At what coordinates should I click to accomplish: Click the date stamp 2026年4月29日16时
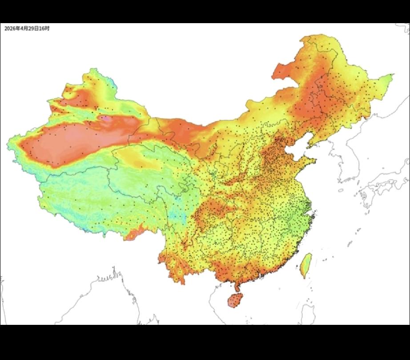[27, 28]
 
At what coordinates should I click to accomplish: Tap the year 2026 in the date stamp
[10, 28]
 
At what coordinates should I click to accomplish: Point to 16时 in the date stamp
[44, 28]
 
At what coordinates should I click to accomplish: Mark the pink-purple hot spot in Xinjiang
[107, 119]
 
